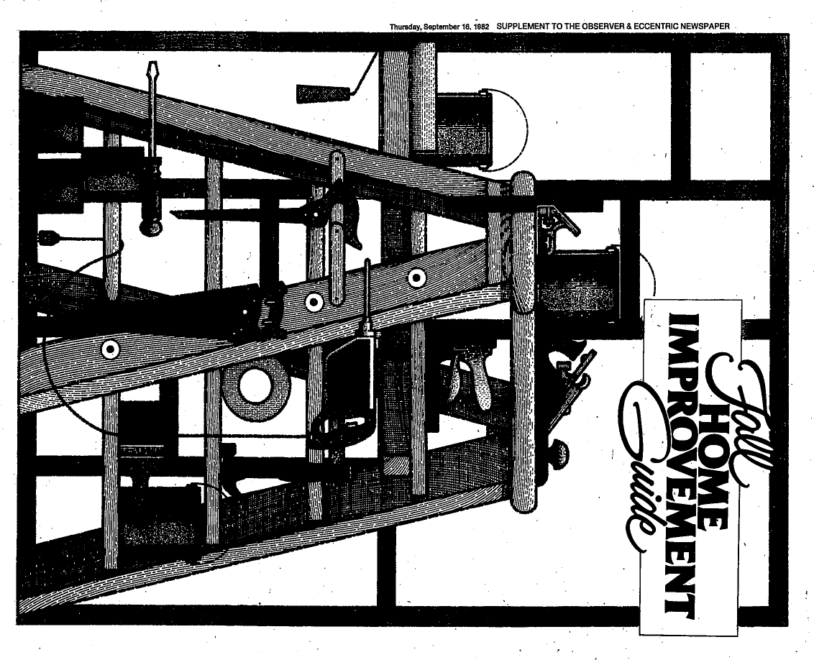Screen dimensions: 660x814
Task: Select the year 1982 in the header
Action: click(481, 26)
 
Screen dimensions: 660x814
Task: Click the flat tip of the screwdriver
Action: click(152, 70)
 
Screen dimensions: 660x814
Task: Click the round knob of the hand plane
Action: click(559, 452)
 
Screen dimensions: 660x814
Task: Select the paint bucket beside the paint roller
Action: click(463, 129)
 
